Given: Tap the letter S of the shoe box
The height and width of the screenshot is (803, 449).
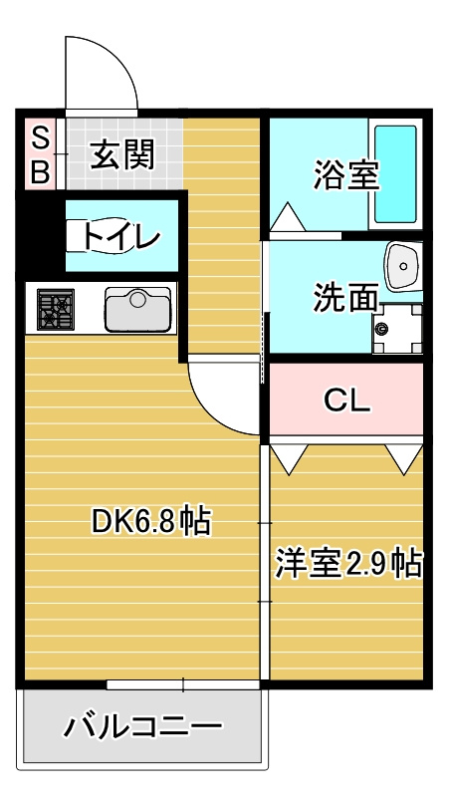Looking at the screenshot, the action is click(x=41, y=137).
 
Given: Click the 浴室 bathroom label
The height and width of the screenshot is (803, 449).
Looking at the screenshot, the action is click(x=346, y=174).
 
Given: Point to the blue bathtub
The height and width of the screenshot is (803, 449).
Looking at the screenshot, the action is click(x=395, y=174).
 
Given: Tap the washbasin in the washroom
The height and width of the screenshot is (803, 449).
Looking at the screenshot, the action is click(x=403, y=266).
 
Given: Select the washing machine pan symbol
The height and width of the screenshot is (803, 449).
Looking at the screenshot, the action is click(x=397, y=328).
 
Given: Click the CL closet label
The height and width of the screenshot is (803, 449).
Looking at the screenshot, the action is click(x=346, y=402).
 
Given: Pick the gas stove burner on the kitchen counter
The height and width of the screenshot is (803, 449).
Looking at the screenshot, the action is click(x=56, y=309).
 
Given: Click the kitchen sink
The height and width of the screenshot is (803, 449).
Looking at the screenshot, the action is click(x=137, y=309).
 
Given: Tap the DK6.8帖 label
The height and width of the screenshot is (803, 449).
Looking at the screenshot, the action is click(x=151, y=522).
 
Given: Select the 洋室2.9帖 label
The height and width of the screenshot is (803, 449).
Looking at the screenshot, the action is click(x=348, y=564).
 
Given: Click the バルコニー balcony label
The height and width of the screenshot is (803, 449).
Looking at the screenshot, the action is click(x=142, y=725).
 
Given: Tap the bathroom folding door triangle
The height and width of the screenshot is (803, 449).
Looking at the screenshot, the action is click(x=288, y=216).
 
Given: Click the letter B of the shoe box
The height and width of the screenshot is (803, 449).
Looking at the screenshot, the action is click(x=41, y=171).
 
